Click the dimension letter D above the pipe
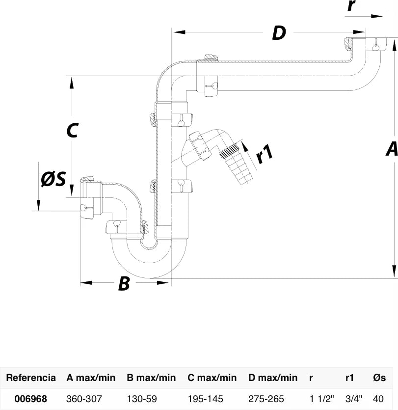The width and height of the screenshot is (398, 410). (279, 33)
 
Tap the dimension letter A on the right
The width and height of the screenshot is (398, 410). (392, 149)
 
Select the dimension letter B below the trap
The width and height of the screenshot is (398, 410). (124, 283)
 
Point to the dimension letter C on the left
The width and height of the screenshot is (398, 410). (73, 130)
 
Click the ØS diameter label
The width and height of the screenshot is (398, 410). (53, 179)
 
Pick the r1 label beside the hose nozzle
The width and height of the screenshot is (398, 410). (265, 154)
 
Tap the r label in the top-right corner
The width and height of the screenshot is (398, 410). (352, 5)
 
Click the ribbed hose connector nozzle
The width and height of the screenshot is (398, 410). (235, 163)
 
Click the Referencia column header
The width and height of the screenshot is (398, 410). (31, 378)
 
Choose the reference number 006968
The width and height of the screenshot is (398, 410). (31, 399)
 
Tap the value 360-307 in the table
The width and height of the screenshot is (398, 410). (84, 399)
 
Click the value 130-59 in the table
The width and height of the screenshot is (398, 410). (142, 399)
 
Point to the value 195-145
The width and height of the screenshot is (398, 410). (206, 399)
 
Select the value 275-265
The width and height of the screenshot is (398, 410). (266, 399)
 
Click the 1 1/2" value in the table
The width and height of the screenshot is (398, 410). (322, 399)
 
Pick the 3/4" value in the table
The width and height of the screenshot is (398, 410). (354, 399)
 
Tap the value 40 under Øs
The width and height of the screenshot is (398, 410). (378, 399)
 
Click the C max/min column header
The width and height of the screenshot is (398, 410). (212, 378)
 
